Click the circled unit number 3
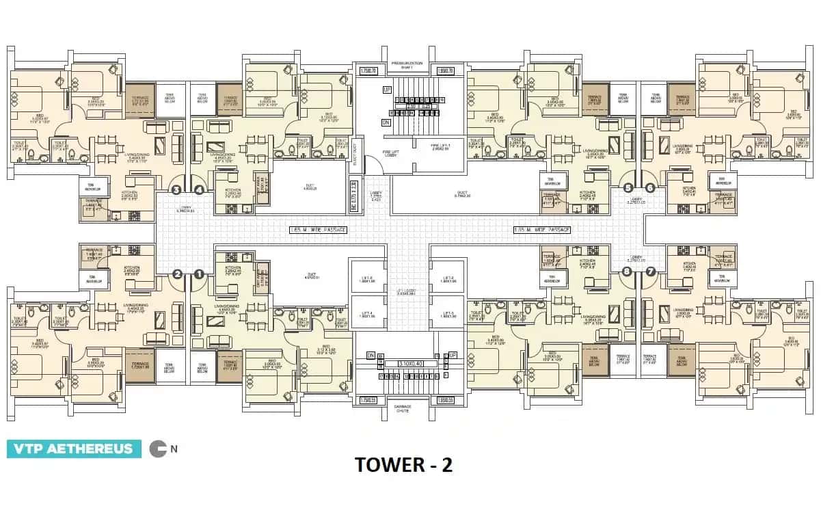pos(176,190)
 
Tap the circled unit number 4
pos(199,190)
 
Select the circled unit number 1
pos(199,274)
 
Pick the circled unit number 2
pos(177,274)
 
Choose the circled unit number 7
pos(650,271)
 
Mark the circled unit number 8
pos(627,271)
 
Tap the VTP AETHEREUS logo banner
pos(74,449)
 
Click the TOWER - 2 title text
pos(403,465)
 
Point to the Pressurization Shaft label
pos(407,66)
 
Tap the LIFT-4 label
pos(368,315)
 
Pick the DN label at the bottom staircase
pos(371,356)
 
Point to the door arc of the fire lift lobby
pos(373,165)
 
